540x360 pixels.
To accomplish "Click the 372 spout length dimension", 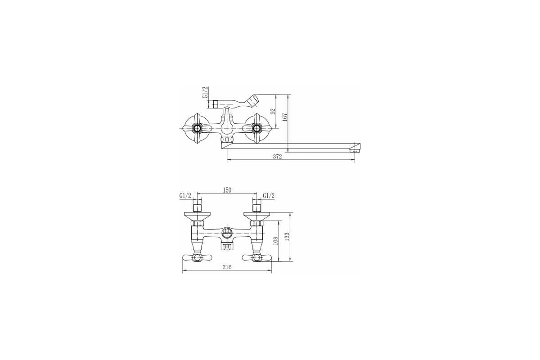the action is [x=277, y=157].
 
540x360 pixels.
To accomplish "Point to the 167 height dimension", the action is [x=285, y=117].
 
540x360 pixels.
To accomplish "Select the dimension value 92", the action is [x=273, y=112].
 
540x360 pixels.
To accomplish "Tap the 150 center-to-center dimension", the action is [x=227, y=190].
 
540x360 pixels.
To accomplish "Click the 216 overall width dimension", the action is [x=227, y=267].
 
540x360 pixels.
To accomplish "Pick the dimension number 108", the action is [x=276, y=241].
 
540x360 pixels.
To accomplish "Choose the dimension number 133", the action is [x=287, y=237].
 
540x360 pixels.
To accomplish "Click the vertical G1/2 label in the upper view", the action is [x=205, y=93].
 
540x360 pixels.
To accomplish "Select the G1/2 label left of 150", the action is [x=185, y=196].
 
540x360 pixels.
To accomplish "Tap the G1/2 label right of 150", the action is [x=269, y=196].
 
